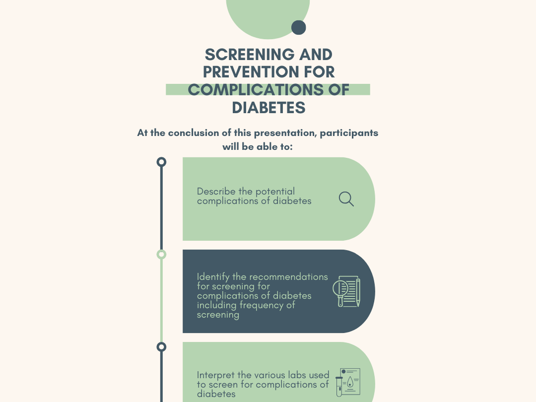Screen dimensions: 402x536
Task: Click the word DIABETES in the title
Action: click(268, 108)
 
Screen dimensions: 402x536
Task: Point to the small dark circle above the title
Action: click(298, 28)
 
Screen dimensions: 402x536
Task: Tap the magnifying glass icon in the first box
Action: click(346, 199)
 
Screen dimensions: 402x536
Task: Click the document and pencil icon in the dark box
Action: click(346, 291)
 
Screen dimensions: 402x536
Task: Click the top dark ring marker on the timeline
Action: click(161, 162)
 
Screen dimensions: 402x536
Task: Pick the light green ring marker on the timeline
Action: click(161, 255)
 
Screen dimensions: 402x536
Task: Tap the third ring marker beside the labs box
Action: click(161, 347)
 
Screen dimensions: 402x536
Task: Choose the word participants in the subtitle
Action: click(349, 133)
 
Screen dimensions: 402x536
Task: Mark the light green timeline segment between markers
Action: click(161, 300)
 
